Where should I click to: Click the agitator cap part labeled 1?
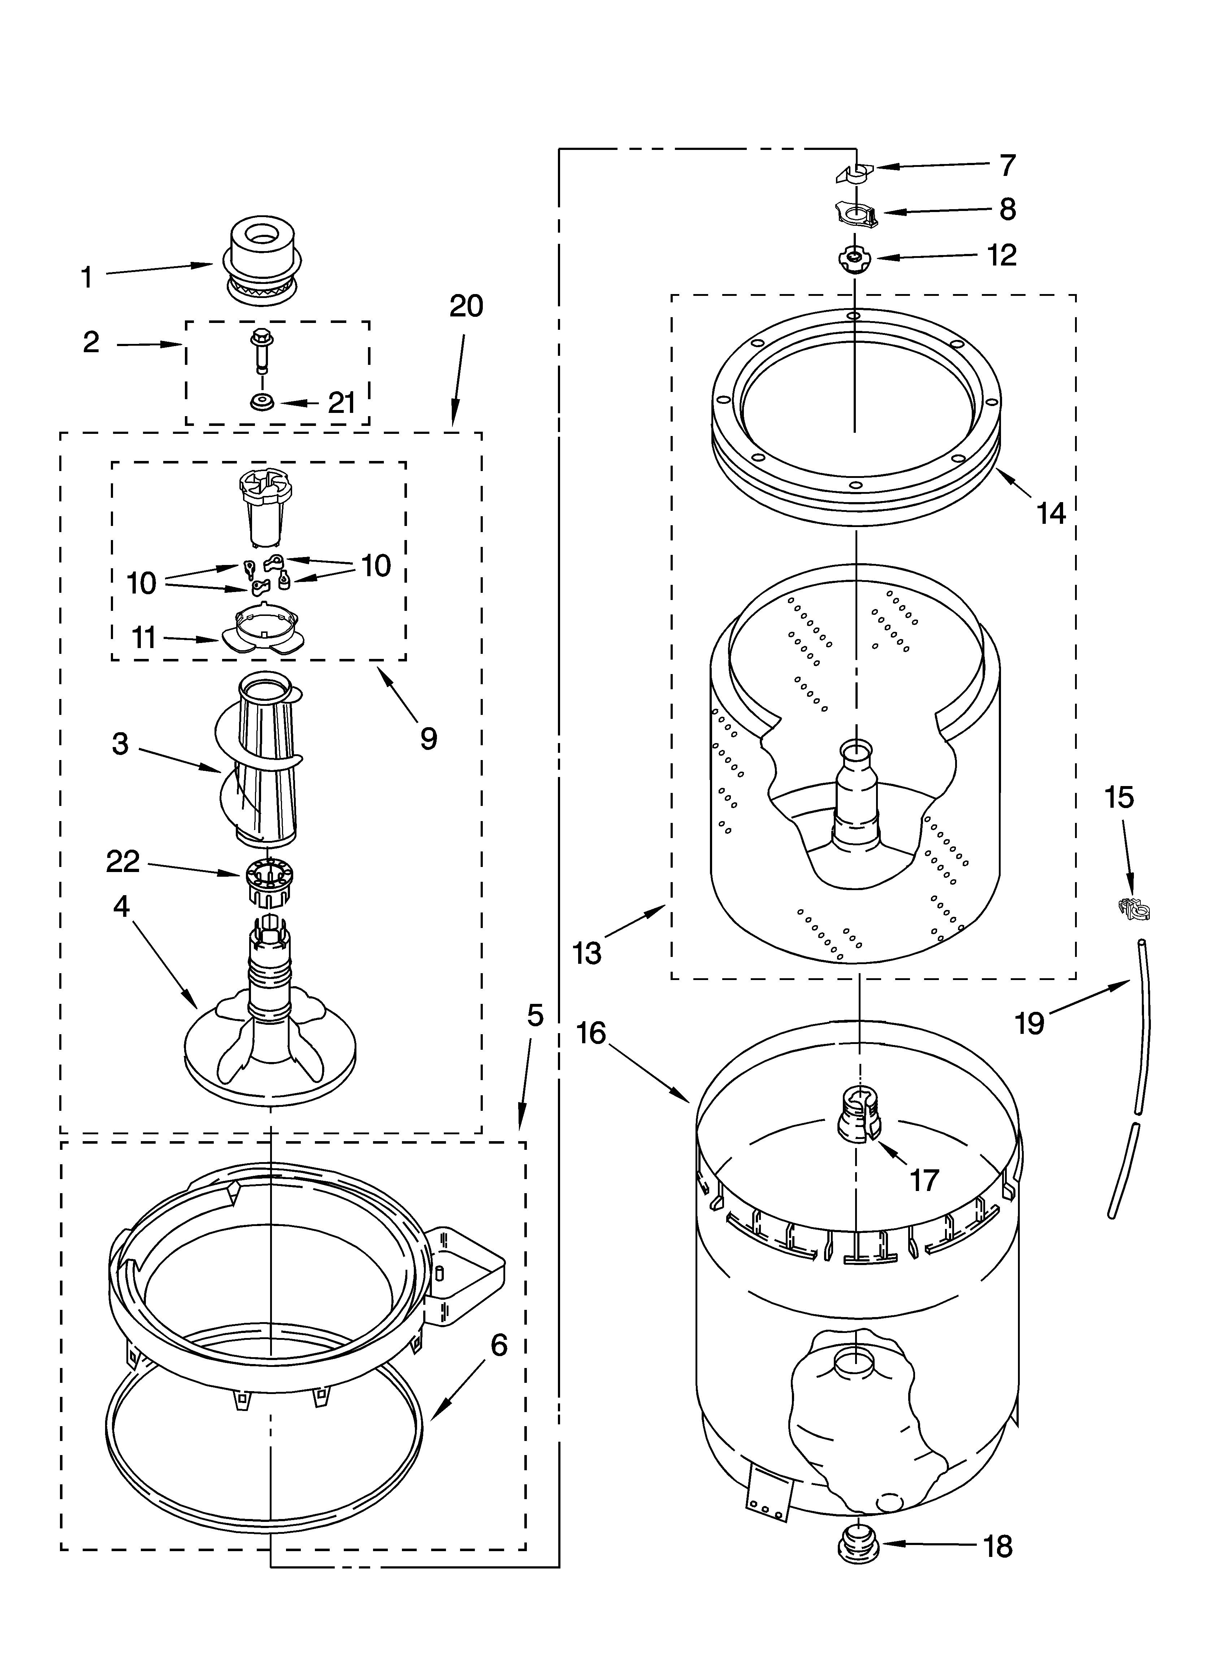[263, 258]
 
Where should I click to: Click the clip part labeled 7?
[852, 174]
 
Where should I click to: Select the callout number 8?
[1007, 210]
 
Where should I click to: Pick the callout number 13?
[587, 953]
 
